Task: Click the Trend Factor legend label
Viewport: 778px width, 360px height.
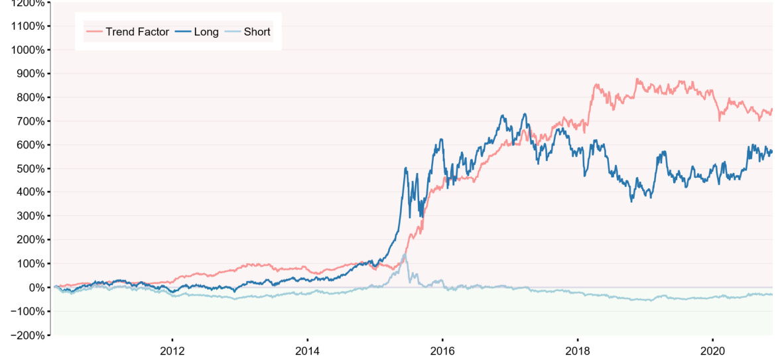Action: pos(137,31)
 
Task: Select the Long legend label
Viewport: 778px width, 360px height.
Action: pos(206,31)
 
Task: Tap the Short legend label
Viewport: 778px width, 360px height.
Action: pos(257,31)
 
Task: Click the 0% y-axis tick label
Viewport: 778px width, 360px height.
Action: pos(36,287)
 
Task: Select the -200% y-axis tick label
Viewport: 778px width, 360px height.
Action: pos(29,335)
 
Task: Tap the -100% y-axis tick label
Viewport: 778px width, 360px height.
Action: pos(29,311)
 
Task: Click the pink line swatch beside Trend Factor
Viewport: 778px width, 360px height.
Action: pos(94,31)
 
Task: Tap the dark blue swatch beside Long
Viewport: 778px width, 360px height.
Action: pos(182,31)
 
